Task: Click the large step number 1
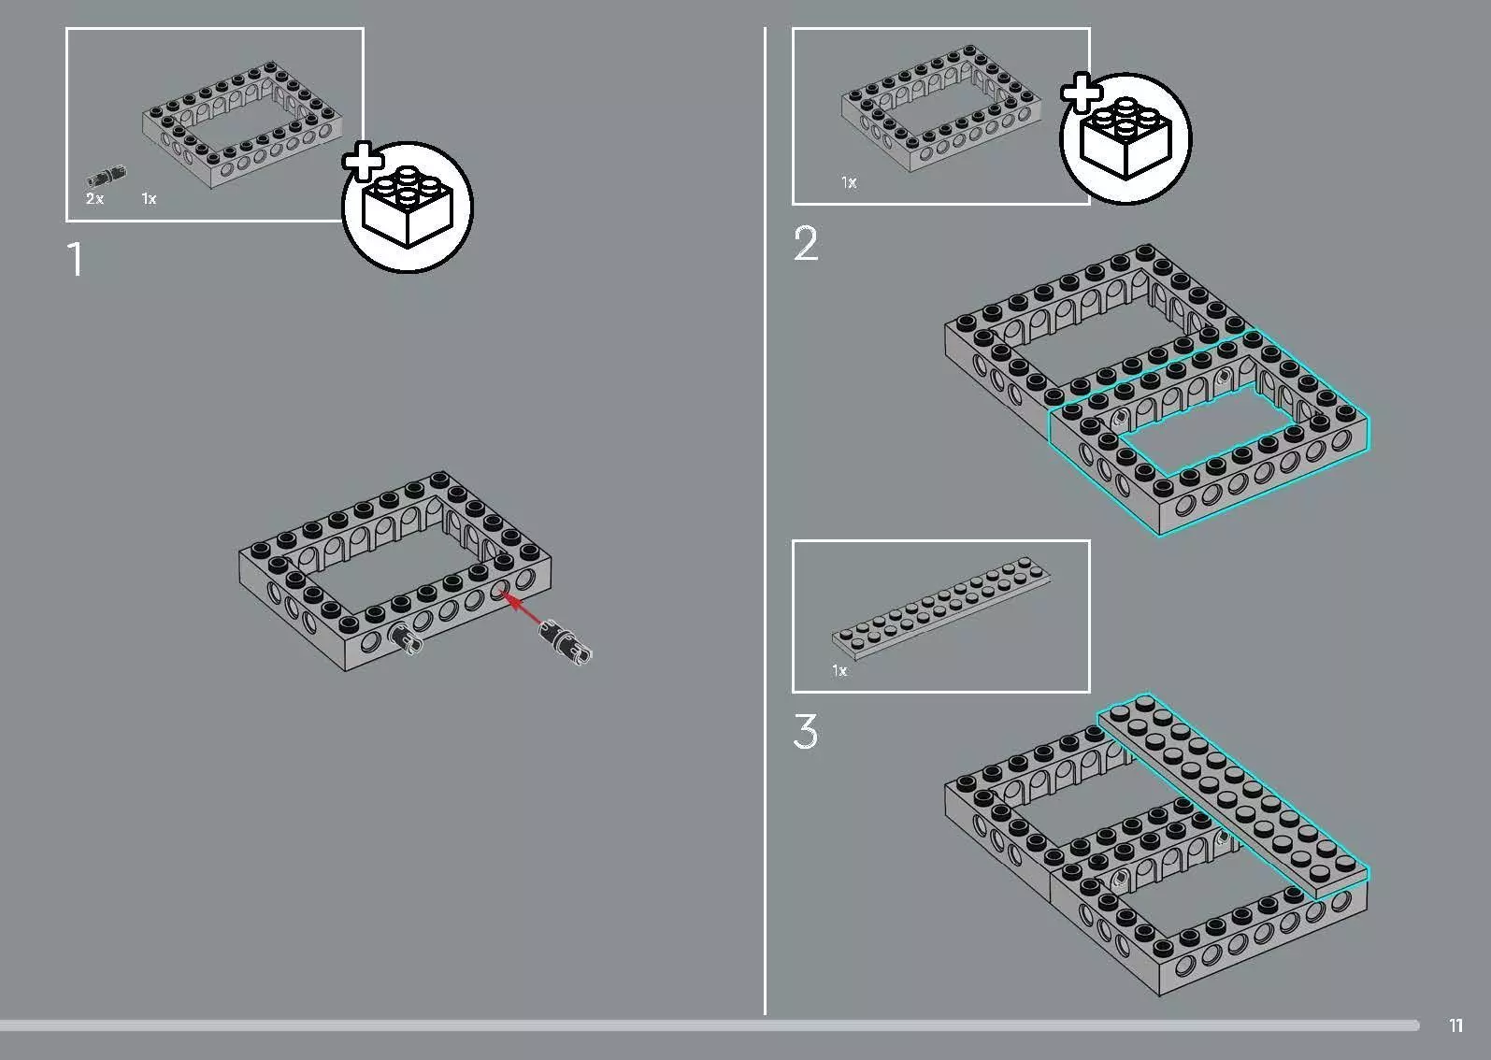point(76,259)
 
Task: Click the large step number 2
point(806,244)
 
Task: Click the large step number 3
point(806,731)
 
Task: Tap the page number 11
point(1455,1025)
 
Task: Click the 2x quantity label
point(94,198)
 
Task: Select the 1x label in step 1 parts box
point(149,198)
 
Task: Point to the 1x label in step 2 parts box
point(849,182)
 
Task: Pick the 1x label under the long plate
point(839,671)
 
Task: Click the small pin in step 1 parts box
point(107,177)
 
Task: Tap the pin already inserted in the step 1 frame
point(407,638)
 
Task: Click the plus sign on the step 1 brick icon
point(363,161)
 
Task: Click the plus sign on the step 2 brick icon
point(1081,93)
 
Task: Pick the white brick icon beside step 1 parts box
point(408,208)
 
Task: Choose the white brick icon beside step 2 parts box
point(1125,138)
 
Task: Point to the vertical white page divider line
point(765,521)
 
